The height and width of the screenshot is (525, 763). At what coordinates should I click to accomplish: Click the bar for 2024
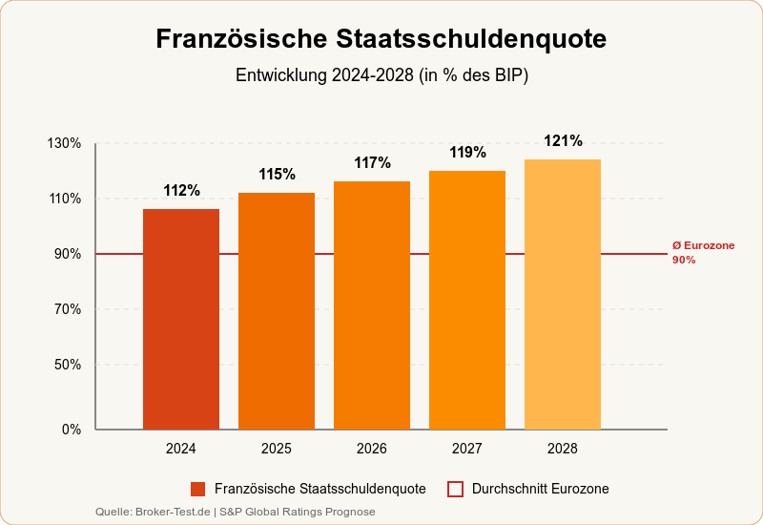point(181,319)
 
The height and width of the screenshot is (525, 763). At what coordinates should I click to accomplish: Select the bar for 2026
point(372,305)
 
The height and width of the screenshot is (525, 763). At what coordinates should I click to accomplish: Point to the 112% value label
point(181,191)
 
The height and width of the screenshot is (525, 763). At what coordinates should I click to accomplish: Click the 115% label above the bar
point(277,175)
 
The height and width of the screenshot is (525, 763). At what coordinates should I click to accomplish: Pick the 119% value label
point(467,153)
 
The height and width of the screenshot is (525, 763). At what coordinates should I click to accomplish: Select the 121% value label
point(563,141)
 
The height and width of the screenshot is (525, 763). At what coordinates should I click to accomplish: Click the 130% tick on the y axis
point(64,143)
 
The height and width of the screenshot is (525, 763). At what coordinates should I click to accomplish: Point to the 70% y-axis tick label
point(68,309)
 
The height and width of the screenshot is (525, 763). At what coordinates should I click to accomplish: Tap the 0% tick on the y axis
point(72,430)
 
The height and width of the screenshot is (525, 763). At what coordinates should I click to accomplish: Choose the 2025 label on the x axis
point(277,449)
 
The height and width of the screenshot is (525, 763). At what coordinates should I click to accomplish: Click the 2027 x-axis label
point(467,449)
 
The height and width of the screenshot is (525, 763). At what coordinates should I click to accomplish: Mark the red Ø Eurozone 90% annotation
point(703,253)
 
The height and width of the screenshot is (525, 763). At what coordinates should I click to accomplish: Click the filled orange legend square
point(198,489)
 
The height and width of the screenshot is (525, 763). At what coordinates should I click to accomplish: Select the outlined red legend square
point(455,489)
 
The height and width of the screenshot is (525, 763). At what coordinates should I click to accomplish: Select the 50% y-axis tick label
point(68,365)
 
